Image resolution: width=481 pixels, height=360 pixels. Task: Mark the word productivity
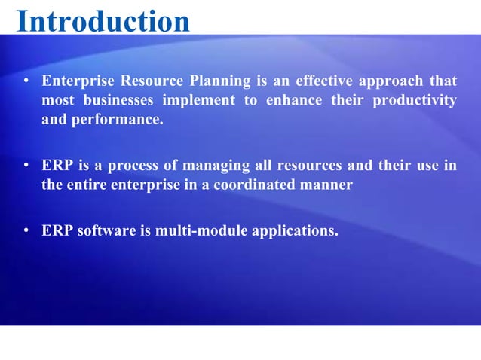point(414,100)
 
